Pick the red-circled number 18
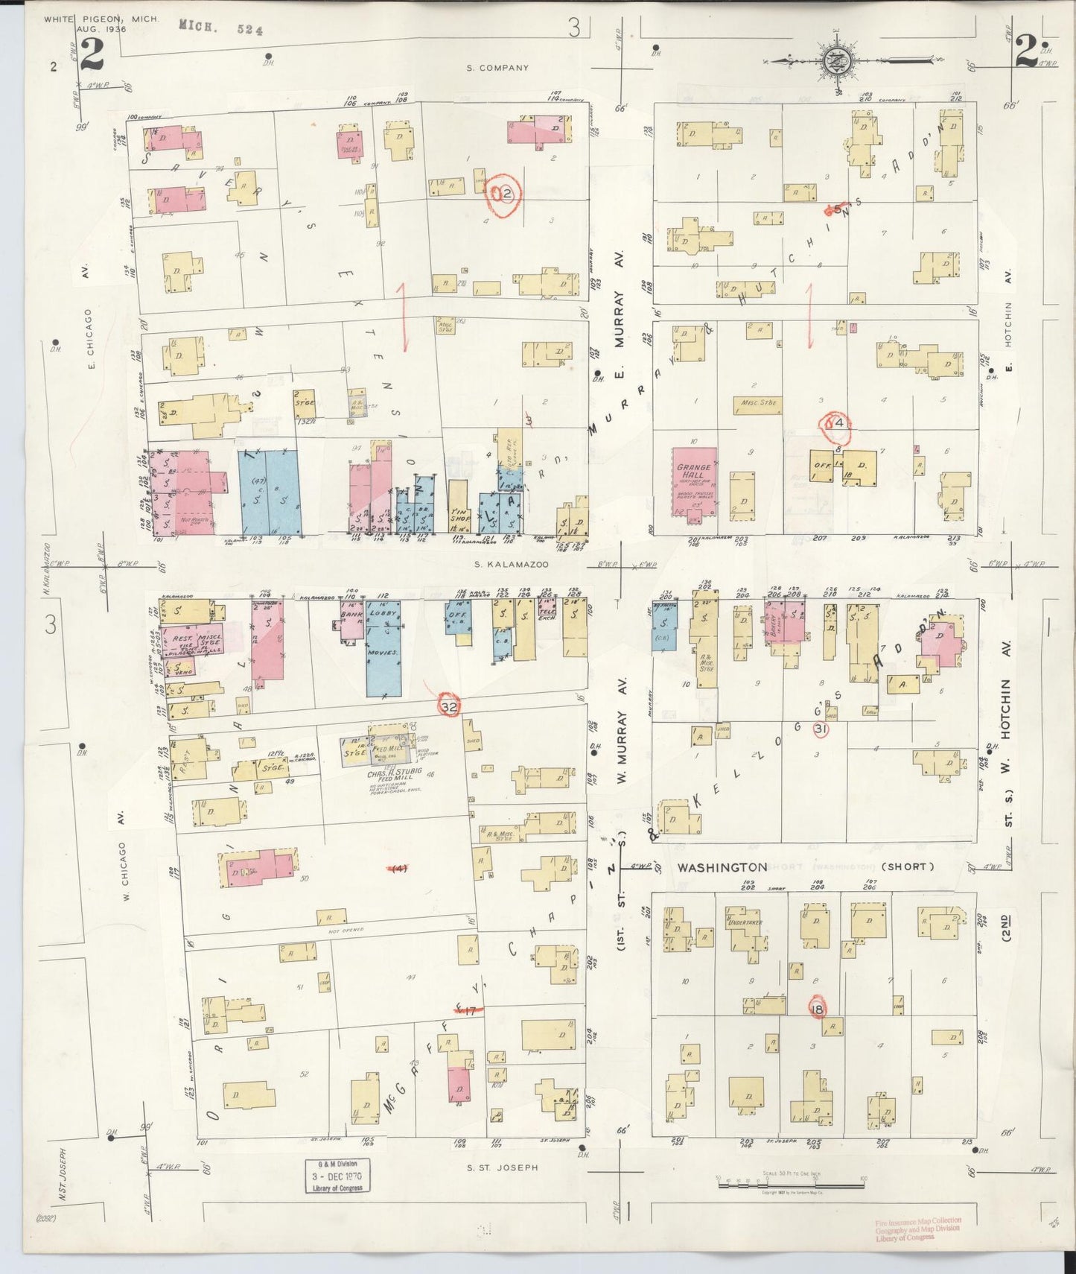click(x=818, y=1009)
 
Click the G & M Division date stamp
click(x=337, y=1176)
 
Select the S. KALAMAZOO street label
click(x=512, y=565)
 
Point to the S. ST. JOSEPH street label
click(x=502, y=1167)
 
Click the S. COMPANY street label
click(x=497, y=68)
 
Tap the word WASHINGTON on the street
click(x=722, y=867)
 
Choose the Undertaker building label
click(x=745, y=922)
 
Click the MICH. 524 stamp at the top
click(x=220, y=28)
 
